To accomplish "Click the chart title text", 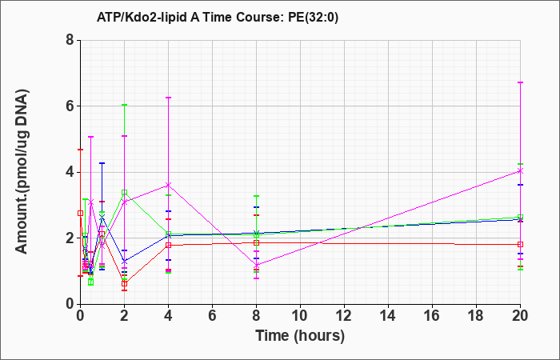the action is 217,18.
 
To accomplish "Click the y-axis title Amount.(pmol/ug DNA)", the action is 22,172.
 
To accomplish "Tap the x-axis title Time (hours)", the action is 300,336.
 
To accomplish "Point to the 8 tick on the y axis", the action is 70,40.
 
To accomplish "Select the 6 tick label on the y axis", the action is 70,106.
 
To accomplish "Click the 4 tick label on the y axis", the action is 70,172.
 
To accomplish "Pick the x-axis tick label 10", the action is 300,316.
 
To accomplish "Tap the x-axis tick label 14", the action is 388,316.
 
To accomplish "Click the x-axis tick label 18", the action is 476,316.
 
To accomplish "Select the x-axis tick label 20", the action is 520,316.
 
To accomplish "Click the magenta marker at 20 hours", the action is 520,171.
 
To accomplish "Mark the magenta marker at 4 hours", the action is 169,185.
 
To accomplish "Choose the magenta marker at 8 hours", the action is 257,266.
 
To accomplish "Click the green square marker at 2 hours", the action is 124,193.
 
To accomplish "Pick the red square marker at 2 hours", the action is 124,283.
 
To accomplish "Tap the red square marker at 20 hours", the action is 520,244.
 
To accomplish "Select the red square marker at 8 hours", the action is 257,243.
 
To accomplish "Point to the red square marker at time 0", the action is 81,214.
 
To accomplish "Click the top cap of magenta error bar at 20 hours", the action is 520,82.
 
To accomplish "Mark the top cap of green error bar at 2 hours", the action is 124,105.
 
